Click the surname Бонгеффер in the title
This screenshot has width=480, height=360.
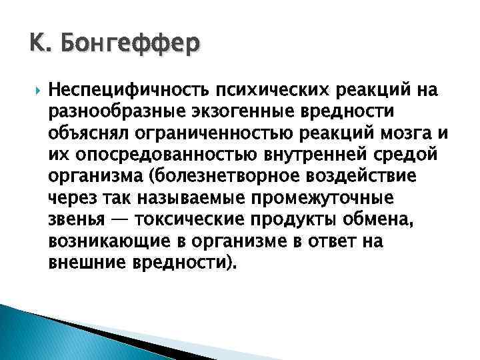(129, 46)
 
